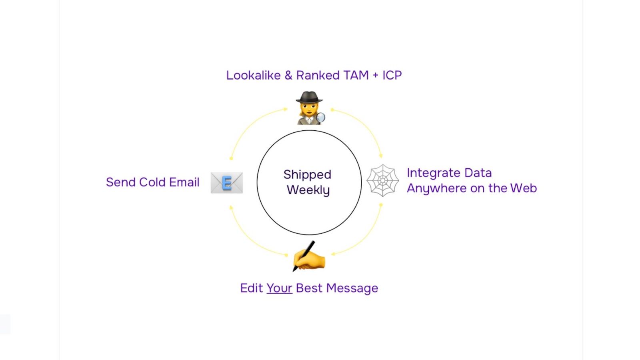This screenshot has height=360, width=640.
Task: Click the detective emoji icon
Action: click(x=309, y=108)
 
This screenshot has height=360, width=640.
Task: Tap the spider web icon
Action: click(x=383, y=180)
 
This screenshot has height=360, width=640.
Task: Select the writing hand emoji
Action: click(x=309, y=257)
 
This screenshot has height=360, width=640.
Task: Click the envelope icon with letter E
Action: click(x=227, y=183)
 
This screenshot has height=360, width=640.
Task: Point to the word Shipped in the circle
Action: click(x=307, y=175)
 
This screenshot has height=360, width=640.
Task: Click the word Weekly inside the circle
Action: click(x=308, y=190)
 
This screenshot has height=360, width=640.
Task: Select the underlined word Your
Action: click(x=279, y=288)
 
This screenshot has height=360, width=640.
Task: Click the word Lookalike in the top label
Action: click(x=253, y=75)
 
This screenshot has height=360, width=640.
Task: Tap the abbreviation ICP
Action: click(x=392, y=75)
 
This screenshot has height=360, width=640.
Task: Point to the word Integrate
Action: click(x=433, y=173)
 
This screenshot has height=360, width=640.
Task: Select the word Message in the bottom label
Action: click(x=352, y=288)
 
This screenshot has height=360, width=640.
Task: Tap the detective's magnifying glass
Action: click(x=320, y=117)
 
